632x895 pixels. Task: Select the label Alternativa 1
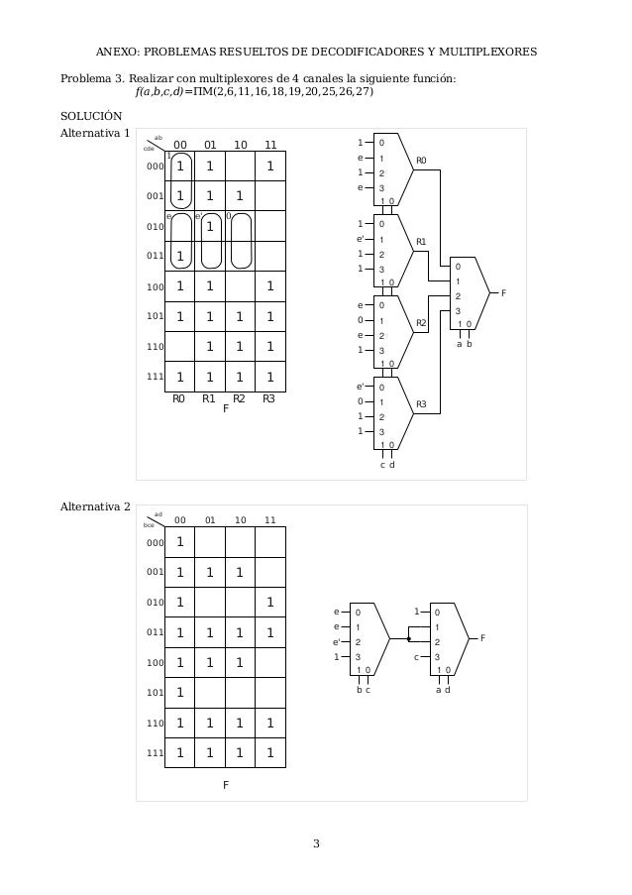tap(95, 132)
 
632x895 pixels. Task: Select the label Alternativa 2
tap(95, 508)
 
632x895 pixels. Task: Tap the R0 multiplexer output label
tap(421, 160)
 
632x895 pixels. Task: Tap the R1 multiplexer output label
tap(421, 242)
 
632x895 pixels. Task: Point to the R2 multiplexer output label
tap(421, 323)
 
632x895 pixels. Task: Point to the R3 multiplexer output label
tap(421, 404)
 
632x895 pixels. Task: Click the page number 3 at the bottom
tap(316, 843)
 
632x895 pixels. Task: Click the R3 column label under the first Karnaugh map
tap(268, 399)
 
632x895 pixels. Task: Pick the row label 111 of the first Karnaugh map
tap(155, 377)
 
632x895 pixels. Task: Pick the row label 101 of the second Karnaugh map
tap(155, 693)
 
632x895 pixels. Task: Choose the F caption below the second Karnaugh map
tap(226, 784)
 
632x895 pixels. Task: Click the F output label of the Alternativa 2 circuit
tap(482, 639)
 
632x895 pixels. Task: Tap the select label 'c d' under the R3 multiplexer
tap(387, 466)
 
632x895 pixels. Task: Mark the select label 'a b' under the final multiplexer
tap(465, 344)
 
